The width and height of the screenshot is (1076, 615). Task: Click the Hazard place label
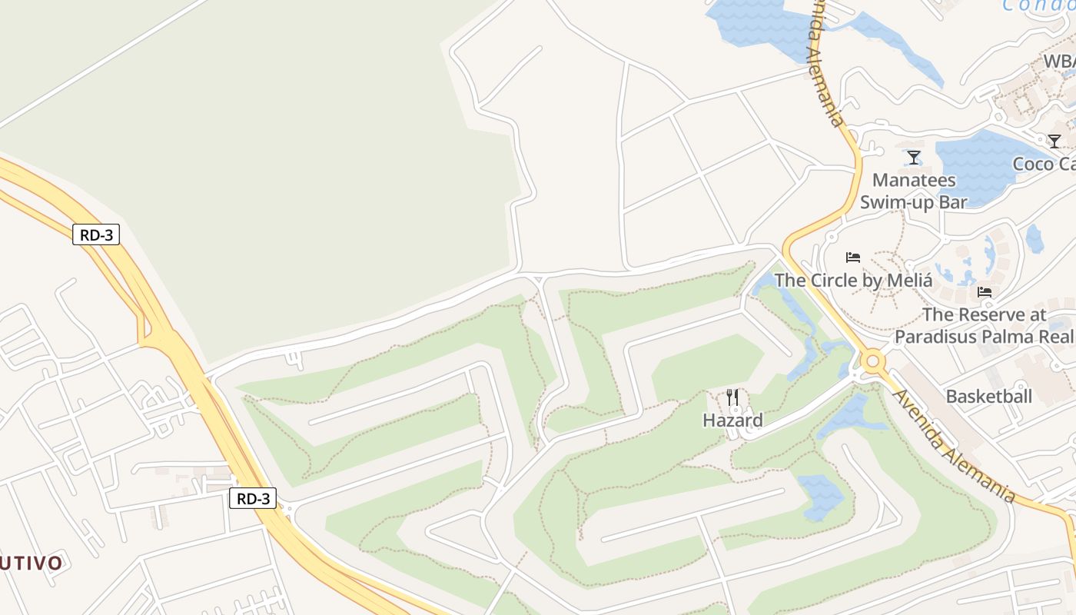[732, 421]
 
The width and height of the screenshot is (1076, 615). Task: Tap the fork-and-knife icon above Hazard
[732, 397]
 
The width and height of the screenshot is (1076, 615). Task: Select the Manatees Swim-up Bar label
[913, 191]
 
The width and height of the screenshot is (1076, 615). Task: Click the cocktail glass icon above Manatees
[913, 158]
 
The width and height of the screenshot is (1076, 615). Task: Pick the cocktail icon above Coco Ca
[1054, 141]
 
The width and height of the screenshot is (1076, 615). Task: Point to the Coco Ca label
[1044, 164]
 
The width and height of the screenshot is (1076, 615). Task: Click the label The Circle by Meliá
[853, 280]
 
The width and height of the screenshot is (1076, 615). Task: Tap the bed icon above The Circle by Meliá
[852, 258]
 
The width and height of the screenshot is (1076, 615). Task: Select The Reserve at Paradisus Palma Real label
[985, 325]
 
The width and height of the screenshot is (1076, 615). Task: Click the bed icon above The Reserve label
[984, 292]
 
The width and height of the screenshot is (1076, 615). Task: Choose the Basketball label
[988, 397]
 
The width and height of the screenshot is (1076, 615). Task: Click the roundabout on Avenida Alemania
[872, 361]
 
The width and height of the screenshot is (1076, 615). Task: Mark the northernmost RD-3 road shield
[96, 234]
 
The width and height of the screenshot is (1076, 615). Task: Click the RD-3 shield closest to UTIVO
[252, 498]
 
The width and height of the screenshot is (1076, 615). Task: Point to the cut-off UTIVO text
[31, 563]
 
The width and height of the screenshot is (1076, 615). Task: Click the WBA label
[1059, 61]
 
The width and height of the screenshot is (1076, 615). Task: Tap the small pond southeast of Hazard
[821, 496]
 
